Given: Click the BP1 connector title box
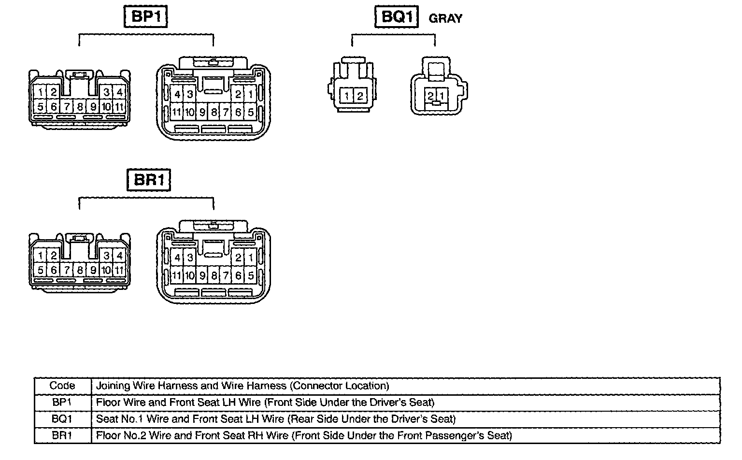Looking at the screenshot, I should click(x=145, y=17).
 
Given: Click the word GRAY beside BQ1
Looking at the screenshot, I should click(x=445, y=18).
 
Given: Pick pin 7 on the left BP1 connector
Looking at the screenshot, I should click(x=67, y=107).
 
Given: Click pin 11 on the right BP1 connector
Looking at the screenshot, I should click(x=177, y=112).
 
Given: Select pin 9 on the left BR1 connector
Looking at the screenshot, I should click(x=94, y=270).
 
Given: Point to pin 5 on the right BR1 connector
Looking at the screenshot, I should click(x=250, y=276).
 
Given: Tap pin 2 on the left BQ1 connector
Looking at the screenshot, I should click(x=359, y=96).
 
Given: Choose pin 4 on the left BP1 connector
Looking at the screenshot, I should click(x=119, y=92).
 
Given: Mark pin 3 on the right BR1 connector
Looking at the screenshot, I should click(x=190, y=258).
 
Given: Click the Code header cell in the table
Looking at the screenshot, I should click(x=62, y=386).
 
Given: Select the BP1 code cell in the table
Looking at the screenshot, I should click(x=62, y=402).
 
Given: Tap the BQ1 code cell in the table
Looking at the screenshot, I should click(x=62, y=418).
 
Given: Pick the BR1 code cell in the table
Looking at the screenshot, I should click(x=62, y=435).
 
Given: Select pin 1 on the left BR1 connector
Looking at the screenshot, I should click(x=41, y=256).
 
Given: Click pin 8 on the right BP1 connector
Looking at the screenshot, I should click(x=214, y=112).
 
